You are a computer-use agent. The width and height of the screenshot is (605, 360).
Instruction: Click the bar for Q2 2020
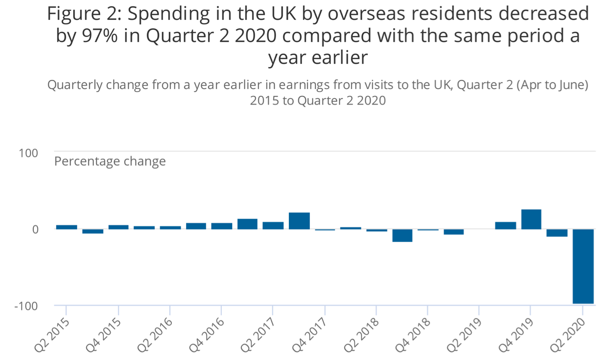[583, 266]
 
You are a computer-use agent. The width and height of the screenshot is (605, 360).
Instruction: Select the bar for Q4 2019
[531, 219]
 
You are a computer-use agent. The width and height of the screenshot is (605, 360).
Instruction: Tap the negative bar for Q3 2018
[402, 235]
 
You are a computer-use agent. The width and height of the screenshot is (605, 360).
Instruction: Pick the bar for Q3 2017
[299, 221]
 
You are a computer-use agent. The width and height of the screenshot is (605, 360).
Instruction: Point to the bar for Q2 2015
[66, 227]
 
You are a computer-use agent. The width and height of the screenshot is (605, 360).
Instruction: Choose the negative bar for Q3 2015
[93, 231]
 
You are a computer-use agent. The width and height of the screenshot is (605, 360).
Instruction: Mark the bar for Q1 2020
[557, 233]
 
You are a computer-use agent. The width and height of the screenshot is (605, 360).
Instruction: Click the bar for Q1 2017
[247, 224]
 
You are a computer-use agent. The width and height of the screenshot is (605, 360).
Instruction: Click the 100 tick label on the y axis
[28, 153]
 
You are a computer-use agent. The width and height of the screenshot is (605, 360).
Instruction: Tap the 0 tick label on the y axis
[35, 229]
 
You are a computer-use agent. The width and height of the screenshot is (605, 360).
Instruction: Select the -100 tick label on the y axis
[26, 306]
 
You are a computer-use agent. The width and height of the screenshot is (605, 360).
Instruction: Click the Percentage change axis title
[110, 161]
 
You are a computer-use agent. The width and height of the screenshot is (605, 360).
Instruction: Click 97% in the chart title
[100, 36]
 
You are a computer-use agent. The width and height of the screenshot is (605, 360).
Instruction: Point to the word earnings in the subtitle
[304, 85]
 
